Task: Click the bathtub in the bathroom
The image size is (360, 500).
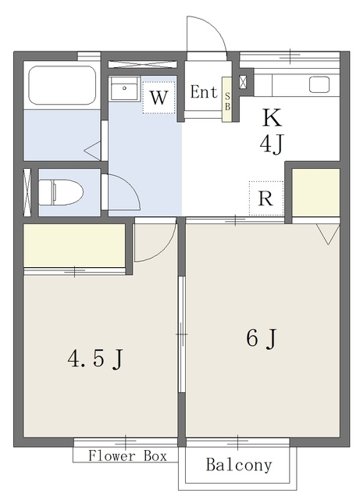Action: click(62, 85)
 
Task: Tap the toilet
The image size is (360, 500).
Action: click(61, 192)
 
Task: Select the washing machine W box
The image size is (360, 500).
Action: click(159, 97)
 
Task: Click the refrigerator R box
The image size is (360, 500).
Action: click(266, 198)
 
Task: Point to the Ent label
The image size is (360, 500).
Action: click(204, 92)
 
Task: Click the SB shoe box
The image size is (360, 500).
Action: click(227, 99)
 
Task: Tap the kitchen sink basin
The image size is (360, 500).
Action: click(319, 84)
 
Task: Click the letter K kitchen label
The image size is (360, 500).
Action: click(272, 118)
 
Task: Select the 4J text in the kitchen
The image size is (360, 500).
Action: click(271, 144)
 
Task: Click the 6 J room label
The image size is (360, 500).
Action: click(261, 338)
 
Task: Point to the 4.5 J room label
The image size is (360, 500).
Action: click(95, 359)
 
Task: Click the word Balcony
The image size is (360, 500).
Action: click(239, 465)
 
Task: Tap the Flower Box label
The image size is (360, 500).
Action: click(127, 455)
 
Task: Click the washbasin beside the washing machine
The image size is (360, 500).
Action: click(124, 88)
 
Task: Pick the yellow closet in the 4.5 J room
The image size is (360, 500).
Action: click(74, 245)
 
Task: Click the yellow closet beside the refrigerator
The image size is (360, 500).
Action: click(316, 192)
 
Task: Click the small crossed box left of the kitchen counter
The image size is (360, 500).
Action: click(243, 82)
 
